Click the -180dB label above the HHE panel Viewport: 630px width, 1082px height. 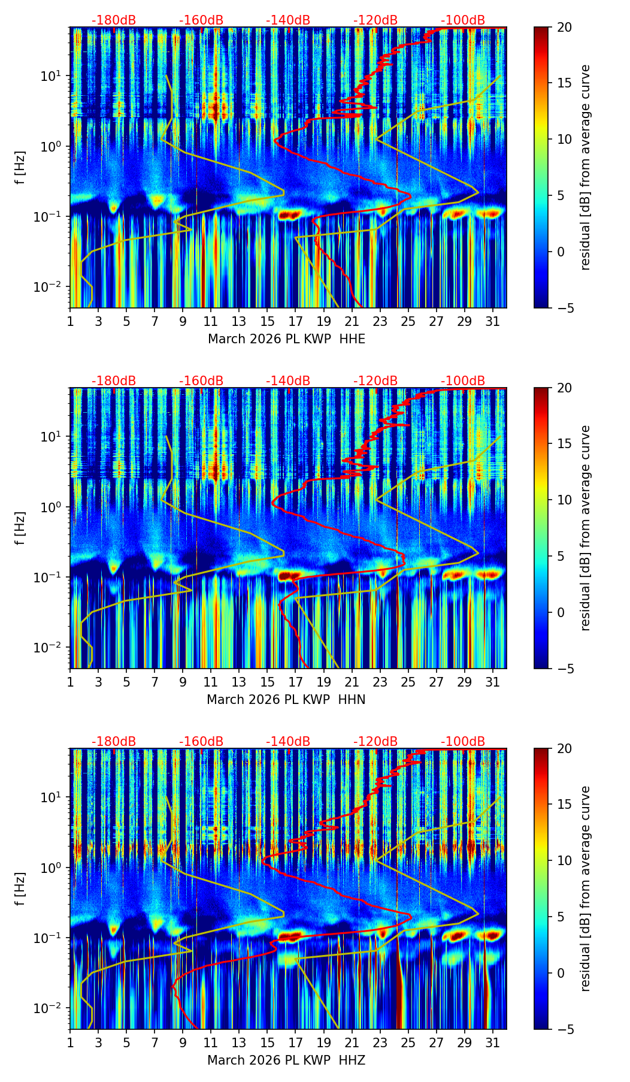pyautogui.click(x=114, y=20)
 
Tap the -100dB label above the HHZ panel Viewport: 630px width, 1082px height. pyautogui.click(x=463, y=742)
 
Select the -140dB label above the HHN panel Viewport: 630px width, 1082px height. pyautogui.click(x=288, y=381)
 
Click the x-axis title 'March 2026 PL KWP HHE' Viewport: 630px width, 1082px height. pyautogui.click(x=286, y=339)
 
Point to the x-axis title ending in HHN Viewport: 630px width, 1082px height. pyautogui.click(x=286, y=700)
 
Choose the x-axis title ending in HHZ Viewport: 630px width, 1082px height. pyautogui.click(x=286, y=1060)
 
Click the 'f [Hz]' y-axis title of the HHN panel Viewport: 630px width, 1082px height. pyautogui.click(x=20, y=528)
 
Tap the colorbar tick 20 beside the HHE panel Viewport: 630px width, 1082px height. pyautogui.click(x=564, y=27)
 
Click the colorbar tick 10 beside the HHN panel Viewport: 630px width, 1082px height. pyautogui.click(x=564, y=500)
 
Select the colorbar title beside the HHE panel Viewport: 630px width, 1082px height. pyautogui.click(x=586, y=167)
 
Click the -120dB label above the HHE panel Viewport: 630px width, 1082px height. pyautogui.click(x=375, y=20)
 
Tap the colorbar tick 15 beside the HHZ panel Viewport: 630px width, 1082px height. pyautogui.click(x=564, y=805)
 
